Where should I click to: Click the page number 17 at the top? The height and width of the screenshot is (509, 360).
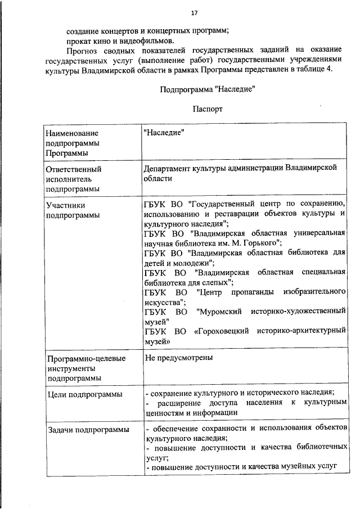(x=193, y=13)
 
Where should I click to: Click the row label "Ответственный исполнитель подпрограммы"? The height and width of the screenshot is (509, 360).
(x=74, y=178)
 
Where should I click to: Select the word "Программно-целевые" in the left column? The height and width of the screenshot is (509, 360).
(x=86, y=358)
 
